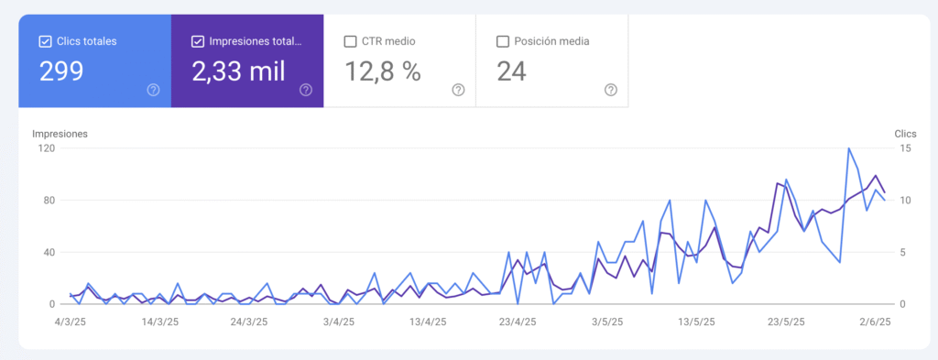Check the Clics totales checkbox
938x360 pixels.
click(45, 41)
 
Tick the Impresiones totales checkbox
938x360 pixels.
click(197, 41)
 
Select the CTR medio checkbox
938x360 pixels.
click(350, 41)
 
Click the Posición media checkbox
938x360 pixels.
click(502, 41)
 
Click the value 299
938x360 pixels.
click(61, 71)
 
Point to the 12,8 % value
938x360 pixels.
click(382, 71)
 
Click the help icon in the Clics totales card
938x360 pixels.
click(153, 90)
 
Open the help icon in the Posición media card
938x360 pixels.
click(610, 90)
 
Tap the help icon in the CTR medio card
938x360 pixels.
click(458, 90)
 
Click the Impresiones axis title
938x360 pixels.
click(60, 134)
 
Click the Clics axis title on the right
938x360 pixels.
click(905, 134)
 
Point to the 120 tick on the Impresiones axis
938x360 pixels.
click(47, 148)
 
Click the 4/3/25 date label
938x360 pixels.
click(71, 322)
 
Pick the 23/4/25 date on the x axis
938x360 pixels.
click(518, 322)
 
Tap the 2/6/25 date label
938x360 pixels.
click(874, 322)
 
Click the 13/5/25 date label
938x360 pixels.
click(697, 322)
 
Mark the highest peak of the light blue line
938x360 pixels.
click(849, 148)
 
